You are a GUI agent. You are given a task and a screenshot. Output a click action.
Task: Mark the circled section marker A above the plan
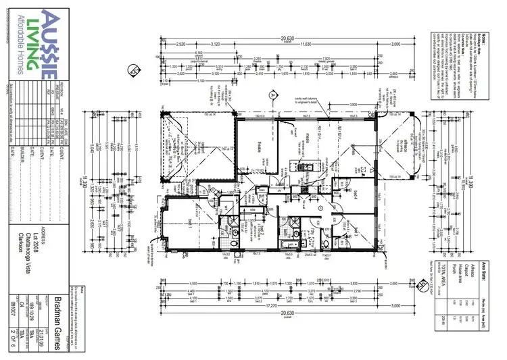tap(272, 94)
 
